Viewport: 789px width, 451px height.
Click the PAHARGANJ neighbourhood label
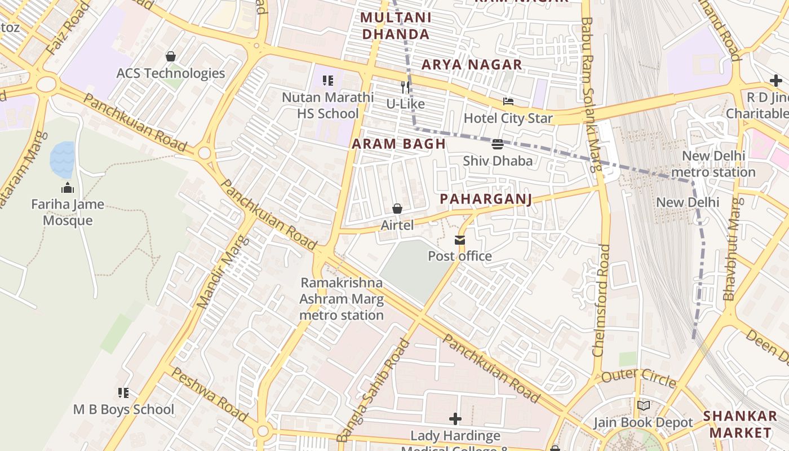(x=486, y=199)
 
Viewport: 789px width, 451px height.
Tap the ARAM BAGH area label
(x=399, y=144)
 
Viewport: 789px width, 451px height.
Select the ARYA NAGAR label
(x=472, y=65)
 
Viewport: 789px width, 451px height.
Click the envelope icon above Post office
(x=460, y=241)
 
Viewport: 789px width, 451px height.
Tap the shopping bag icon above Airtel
(x=397, y=209)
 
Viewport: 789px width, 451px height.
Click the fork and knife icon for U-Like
(x=405, y=87)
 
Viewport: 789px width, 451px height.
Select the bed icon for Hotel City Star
(x=508, y=102)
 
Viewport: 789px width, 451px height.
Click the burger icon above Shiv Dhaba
(x=497, y=144)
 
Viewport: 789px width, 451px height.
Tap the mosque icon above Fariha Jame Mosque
(x=68, y=188)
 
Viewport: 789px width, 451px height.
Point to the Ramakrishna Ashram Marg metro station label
(x=342, y=299)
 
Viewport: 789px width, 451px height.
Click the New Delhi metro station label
(x=713, y=164)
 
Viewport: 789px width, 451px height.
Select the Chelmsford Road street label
(x=601, y=300)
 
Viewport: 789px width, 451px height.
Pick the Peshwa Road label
(x=209, y=394)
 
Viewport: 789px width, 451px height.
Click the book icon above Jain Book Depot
(x=643, y=406)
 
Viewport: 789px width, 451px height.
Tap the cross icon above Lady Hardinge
(x=455, y=419)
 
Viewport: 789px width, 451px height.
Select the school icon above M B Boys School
(x=123, y=393)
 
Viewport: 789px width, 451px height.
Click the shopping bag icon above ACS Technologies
(x=170, y=56)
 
